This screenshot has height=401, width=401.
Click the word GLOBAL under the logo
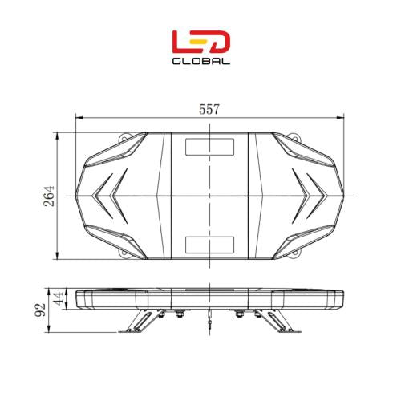200,60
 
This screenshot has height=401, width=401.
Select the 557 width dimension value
209,110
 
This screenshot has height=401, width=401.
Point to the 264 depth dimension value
47,196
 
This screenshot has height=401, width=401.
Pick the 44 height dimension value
58,298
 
